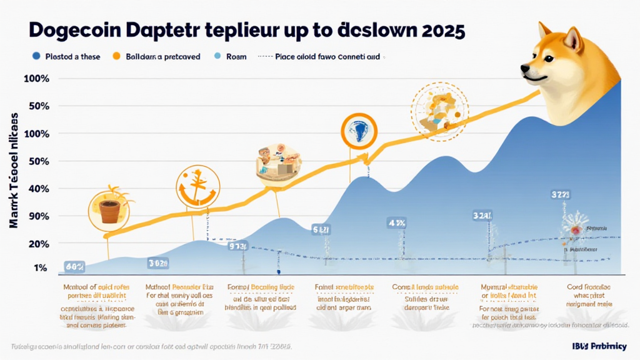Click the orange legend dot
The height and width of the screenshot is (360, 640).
coord(115,57)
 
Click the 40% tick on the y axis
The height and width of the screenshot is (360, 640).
coord(36,189)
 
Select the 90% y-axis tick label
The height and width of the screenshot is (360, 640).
coord(36,216)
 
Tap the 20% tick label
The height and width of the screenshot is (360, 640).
coord(36,243)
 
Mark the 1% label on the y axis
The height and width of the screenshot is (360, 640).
coord(40,268)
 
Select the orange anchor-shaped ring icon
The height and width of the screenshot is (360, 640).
coord(196,187)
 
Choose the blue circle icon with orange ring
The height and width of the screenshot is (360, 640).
coord(359,132)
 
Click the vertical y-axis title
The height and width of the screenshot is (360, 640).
coord(14,168)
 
